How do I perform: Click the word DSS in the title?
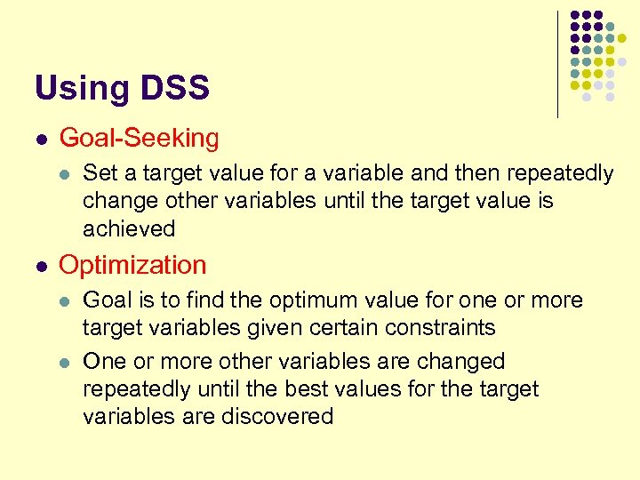[x=174, y=88]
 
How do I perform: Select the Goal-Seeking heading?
[x=139, y=138]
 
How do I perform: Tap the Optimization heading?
[x=132, y=265]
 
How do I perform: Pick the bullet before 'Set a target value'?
[x=64, y=173]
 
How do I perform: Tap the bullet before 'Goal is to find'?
[x=64, y=300]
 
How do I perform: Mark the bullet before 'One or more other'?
[x=64, y=362]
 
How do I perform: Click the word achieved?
[x=129, y=228]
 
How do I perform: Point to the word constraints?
[x=440, y=328]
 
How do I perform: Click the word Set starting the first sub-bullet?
[x=100, y=172]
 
